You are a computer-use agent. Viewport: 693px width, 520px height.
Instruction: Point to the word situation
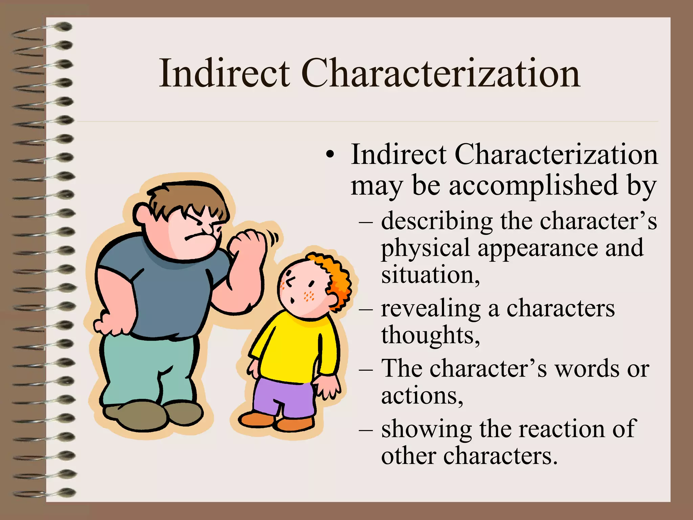pos(430,275)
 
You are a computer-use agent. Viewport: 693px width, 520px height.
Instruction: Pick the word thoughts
pos(430,335)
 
